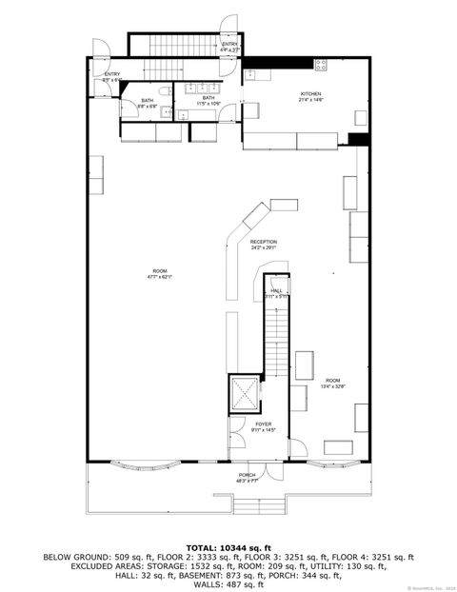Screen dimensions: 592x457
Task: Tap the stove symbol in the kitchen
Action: pyautogui.click(x=321, y=66)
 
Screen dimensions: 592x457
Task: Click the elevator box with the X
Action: pyautogui.click(x=244, y=392)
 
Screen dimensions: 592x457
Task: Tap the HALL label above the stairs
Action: pyautogui.click(x=276, y=292)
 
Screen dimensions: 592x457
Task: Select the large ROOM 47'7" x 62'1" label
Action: pyautogui.click(x=158, y=273)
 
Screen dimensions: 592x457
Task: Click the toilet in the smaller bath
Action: pyautogui.click(x=164, y=90)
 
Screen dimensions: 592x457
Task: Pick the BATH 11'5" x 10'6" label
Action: pyautogui.click(x=208, y=100)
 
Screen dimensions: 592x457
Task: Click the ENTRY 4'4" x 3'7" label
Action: pyautogui.click(x=229, y=47)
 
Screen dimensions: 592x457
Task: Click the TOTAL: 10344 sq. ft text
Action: pyautogui.click(x=228, y=548)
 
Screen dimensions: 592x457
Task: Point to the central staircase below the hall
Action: pyautogui.click(x=274, y=338)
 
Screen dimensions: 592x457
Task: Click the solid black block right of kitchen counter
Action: pyautogui.click(x=358, y=139)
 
